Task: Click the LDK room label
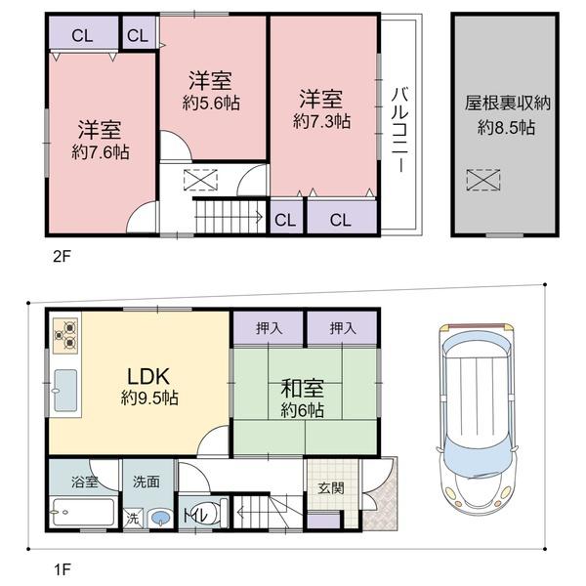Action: tap(148, 377)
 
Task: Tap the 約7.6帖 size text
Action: tap(101, 152)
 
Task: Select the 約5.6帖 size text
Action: tap(211, 103)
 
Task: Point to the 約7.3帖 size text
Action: tap(321, 121)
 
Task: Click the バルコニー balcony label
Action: tap(400, 129)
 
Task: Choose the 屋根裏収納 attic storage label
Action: tap(508, 104)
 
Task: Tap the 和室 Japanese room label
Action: tap(303, 389)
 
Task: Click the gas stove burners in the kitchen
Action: tap(65, 335)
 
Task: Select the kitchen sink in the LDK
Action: tap(65, 390)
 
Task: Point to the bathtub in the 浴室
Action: tap(83, 512)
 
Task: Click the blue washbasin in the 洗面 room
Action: tap(160, 518)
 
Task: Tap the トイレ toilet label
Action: tap(195, 516)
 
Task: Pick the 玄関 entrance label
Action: tap(331, 488)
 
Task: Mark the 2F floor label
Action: tap(62, 256)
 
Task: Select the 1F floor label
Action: tap(62, 569)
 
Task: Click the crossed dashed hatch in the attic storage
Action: tap(482, 181)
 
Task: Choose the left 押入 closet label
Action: tap(270, 328)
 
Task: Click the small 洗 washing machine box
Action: tap(133, 519)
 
